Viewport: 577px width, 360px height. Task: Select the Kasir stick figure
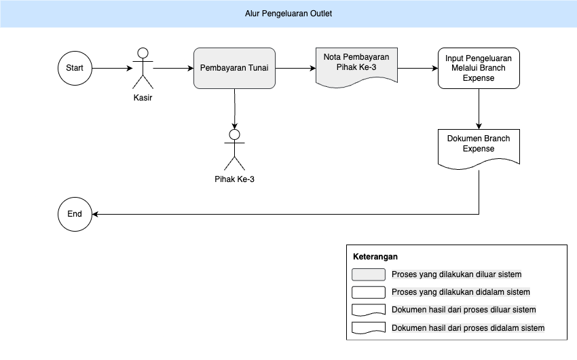coord(143,69)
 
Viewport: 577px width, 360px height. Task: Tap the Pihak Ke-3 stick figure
coord(234,150)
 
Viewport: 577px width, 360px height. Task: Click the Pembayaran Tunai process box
coord(234,68)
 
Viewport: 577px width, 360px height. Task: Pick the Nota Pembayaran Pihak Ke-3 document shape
coord(356,67)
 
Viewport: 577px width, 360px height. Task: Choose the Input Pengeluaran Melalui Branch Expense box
coord(479,68)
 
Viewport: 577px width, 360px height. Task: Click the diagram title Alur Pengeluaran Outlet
coord(288,14)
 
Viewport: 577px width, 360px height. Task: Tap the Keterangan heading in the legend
coord(375,257)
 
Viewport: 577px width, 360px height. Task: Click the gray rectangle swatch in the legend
coord(369,274)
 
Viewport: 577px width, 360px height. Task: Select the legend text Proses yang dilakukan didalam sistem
coord(461,292)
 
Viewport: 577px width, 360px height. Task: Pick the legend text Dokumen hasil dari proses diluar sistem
coord(464,310)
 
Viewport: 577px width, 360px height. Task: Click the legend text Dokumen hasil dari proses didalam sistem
coord(468,328)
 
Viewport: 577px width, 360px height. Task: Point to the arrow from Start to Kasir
coord(112,68)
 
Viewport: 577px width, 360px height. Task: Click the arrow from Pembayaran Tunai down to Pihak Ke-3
coord(234,109)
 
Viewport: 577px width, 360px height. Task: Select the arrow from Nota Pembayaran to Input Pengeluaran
coord(417,68)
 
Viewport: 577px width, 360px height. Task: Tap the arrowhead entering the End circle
coord(95,214)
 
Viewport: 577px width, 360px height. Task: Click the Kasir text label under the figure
coord(143,98)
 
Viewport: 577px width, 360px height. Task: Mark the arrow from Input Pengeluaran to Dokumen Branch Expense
coord(479,109)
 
